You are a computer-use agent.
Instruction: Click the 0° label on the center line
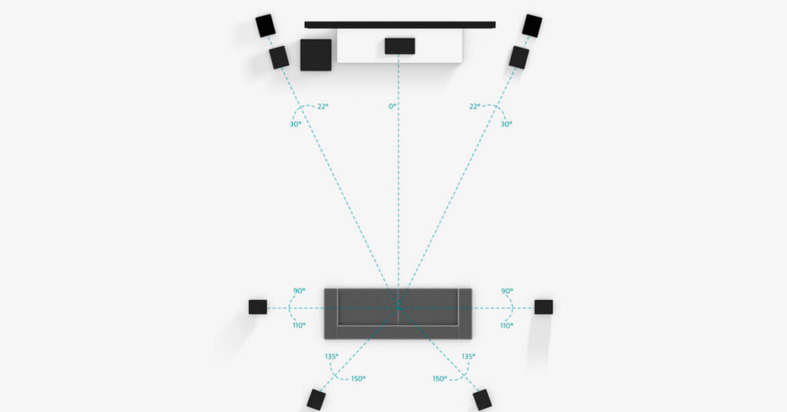click(393, 106)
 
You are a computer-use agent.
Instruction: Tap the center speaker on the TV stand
click(400, 46)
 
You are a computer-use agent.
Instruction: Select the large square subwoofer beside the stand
click(316, 55)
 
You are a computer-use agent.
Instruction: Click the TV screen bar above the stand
click(400, 25)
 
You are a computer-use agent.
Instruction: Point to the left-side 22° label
click(323, 106)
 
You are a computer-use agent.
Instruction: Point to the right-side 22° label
click(474, 106)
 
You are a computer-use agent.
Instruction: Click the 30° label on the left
click(296, 124)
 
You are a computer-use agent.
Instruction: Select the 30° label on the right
click(506, 124)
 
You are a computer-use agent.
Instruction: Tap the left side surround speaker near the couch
click(257, 307)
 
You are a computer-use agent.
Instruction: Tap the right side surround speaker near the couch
click(543, 307)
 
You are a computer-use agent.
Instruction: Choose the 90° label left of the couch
click(299, 291)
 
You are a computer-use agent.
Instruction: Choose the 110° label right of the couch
click(506, 325)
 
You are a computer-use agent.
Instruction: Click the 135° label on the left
click(331, 357)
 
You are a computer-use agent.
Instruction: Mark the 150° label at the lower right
click(440, 378)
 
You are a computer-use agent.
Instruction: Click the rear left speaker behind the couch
click(316, 400)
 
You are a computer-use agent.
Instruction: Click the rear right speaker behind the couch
click(482, 400)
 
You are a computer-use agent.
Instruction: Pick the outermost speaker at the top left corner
click(266, 25)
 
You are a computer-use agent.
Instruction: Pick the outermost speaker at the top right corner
click(532, 25)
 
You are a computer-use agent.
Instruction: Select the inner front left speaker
click(279, 58)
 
